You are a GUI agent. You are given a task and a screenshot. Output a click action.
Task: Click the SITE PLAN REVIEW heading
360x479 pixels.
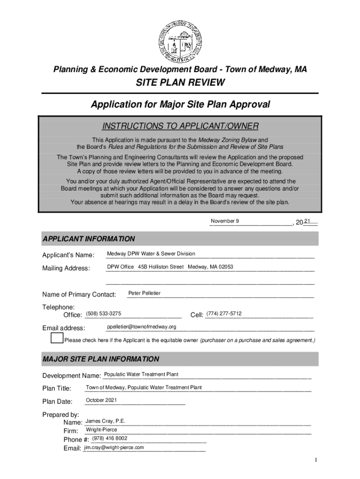pyautogui.click(x=180, y=83)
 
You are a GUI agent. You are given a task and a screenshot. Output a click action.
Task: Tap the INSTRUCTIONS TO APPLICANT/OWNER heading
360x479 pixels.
pyautogui.click(x=180, y=126)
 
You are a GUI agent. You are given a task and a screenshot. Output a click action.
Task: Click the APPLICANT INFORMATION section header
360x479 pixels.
pyautogui.click(x=89, y=239)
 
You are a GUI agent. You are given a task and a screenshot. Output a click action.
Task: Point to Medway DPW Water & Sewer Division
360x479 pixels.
pyautogui.click(x=151, y=254)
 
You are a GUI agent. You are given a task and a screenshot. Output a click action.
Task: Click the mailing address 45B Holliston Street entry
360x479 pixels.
pyautogui.click(x=170, y=267)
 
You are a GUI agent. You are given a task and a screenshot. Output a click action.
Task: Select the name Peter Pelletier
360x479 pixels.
pyautogui.click(x=144, y=293)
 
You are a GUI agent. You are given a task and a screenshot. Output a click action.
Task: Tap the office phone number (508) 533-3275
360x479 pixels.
pyautogui.click(x=104, y=313)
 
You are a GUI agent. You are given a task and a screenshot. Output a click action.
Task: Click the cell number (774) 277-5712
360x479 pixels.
pyautogui.click(x=224, y=313)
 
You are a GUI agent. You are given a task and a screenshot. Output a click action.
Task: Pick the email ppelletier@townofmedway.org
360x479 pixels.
pyautogui.click(x=141, y=327)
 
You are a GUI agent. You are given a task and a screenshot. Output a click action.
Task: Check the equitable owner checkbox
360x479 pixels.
pyautogui.click(x=57, y=338)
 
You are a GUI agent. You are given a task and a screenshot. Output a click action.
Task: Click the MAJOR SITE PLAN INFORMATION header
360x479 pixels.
pyautogui.click(x=101, y=359)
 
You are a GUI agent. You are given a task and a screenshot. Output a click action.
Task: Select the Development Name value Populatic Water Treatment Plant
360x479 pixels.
pyautogui.click(x=141, y=374)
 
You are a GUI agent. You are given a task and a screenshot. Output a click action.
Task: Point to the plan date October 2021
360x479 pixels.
pyautogui.click(x=101, y=400)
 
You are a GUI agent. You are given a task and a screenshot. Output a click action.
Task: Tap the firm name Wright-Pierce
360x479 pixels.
pyautogui.click(x=101, y=429)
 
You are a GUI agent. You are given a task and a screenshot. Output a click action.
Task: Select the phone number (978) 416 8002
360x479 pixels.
pyautogui.click(x=109, y=438)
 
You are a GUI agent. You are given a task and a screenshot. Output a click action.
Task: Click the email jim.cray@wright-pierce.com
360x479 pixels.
pyautogui.click(x=114, y=447)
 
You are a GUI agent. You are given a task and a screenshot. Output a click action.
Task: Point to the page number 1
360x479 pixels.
pyautogui.click(x=317, y=460)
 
